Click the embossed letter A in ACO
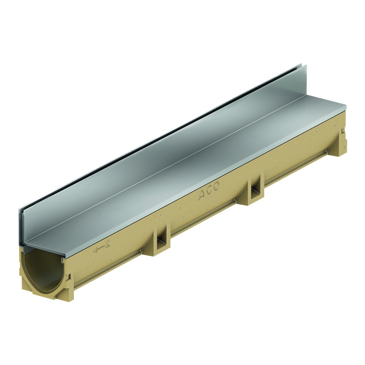click(x=202, y=196)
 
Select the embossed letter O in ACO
click(x=216, y=186)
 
